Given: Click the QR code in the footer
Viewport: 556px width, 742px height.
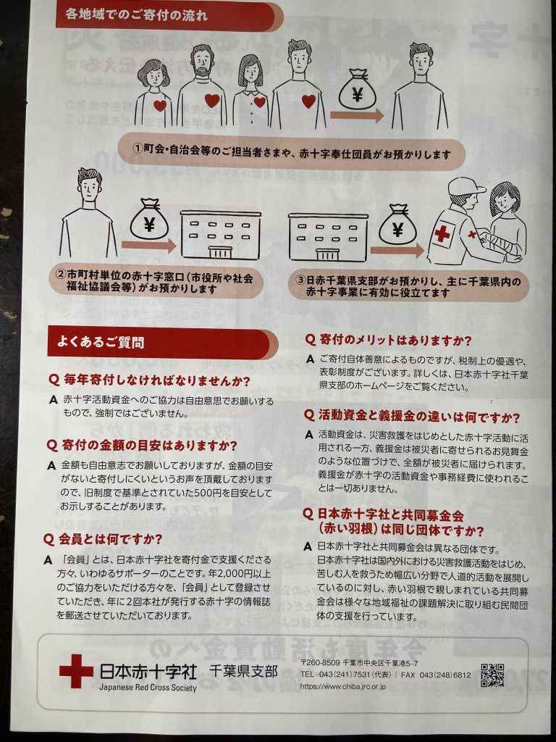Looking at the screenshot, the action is (x=492, y=675).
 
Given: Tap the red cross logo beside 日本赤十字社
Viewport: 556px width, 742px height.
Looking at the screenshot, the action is (x=76, y=671).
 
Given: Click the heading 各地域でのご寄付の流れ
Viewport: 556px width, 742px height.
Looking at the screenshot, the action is (x=137, y=15).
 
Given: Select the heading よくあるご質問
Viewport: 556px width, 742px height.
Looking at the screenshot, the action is (x=101, y=342).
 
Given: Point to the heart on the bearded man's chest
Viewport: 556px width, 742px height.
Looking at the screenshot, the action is (x=212, y=100).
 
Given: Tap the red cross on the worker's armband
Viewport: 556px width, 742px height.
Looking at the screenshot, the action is (x=442, y=234).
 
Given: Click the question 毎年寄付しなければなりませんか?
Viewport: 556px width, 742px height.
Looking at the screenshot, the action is (x=149, y=380).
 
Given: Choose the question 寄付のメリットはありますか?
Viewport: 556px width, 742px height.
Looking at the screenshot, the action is (x=388, y=340).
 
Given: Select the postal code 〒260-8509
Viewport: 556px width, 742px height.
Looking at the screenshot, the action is (x=320, y=664).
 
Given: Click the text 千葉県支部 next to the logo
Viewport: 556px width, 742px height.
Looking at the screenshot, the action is (x=243, y=671).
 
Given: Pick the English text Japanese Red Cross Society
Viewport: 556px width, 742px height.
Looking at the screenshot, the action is (x=148, y=688).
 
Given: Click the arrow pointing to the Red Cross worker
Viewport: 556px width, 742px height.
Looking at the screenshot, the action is (x=397, y=250).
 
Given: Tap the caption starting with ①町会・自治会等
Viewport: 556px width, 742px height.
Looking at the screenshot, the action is (x=292, y=154).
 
